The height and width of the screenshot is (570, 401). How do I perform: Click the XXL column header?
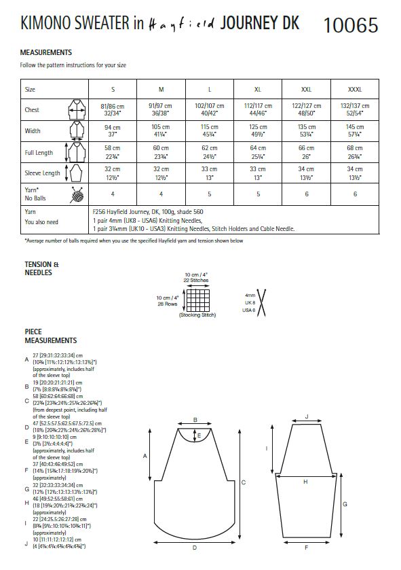306,89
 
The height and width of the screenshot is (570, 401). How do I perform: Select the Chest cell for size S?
113,110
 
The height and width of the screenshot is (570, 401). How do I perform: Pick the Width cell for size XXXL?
355,131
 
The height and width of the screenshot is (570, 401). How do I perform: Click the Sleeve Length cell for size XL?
258,173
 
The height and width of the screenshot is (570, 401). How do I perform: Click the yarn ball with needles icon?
75,194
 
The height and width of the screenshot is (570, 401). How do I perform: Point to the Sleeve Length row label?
42,173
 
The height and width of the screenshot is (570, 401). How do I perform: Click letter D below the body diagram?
195,547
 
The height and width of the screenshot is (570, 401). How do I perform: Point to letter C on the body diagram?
243,482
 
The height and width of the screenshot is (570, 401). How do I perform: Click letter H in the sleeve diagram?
305,481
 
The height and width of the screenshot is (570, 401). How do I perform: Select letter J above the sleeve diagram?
307,416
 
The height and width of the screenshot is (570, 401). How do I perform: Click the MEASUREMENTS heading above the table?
47,52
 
